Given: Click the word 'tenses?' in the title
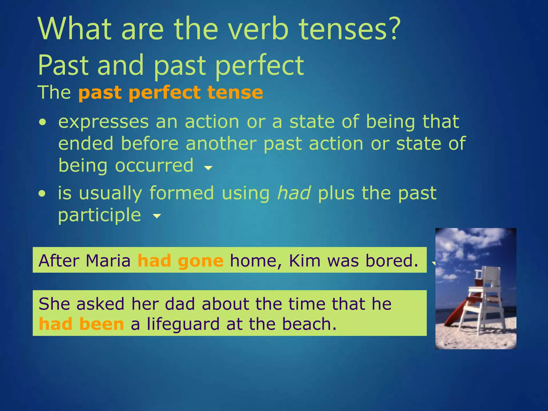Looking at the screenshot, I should pyautogui.click(x=349, y=29).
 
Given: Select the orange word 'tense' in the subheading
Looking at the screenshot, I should pyautogui.click(x=235, y=93).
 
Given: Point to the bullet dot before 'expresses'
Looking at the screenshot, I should pyautogui.click(x=42, y=123).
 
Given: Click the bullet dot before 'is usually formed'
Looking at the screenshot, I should pyautogui.click(x=42, y=194).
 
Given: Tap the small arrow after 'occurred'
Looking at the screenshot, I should pyautogui.click(x=208, y=168).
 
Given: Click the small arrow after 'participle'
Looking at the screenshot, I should pyautogui.click(x=157, y=216).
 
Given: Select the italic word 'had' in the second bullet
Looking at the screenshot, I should pyautogui.click(x=294, y=193).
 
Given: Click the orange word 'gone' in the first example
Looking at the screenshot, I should pyautogui.click(x=200, y=261).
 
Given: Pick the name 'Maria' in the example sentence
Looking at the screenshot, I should pyautogui.click(x=108, y=261).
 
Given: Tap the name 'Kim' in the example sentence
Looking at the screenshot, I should pyautogui.click(x=305, y=261).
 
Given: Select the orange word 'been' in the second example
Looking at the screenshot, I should pyautogui.click(x=102, y=324).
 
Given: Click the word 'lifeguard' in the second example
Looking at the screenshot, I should pyautogui.click(x=183, y=325).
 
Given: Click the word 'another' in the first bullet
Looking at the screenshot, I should pyautogui.click(x=221, y=144).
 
